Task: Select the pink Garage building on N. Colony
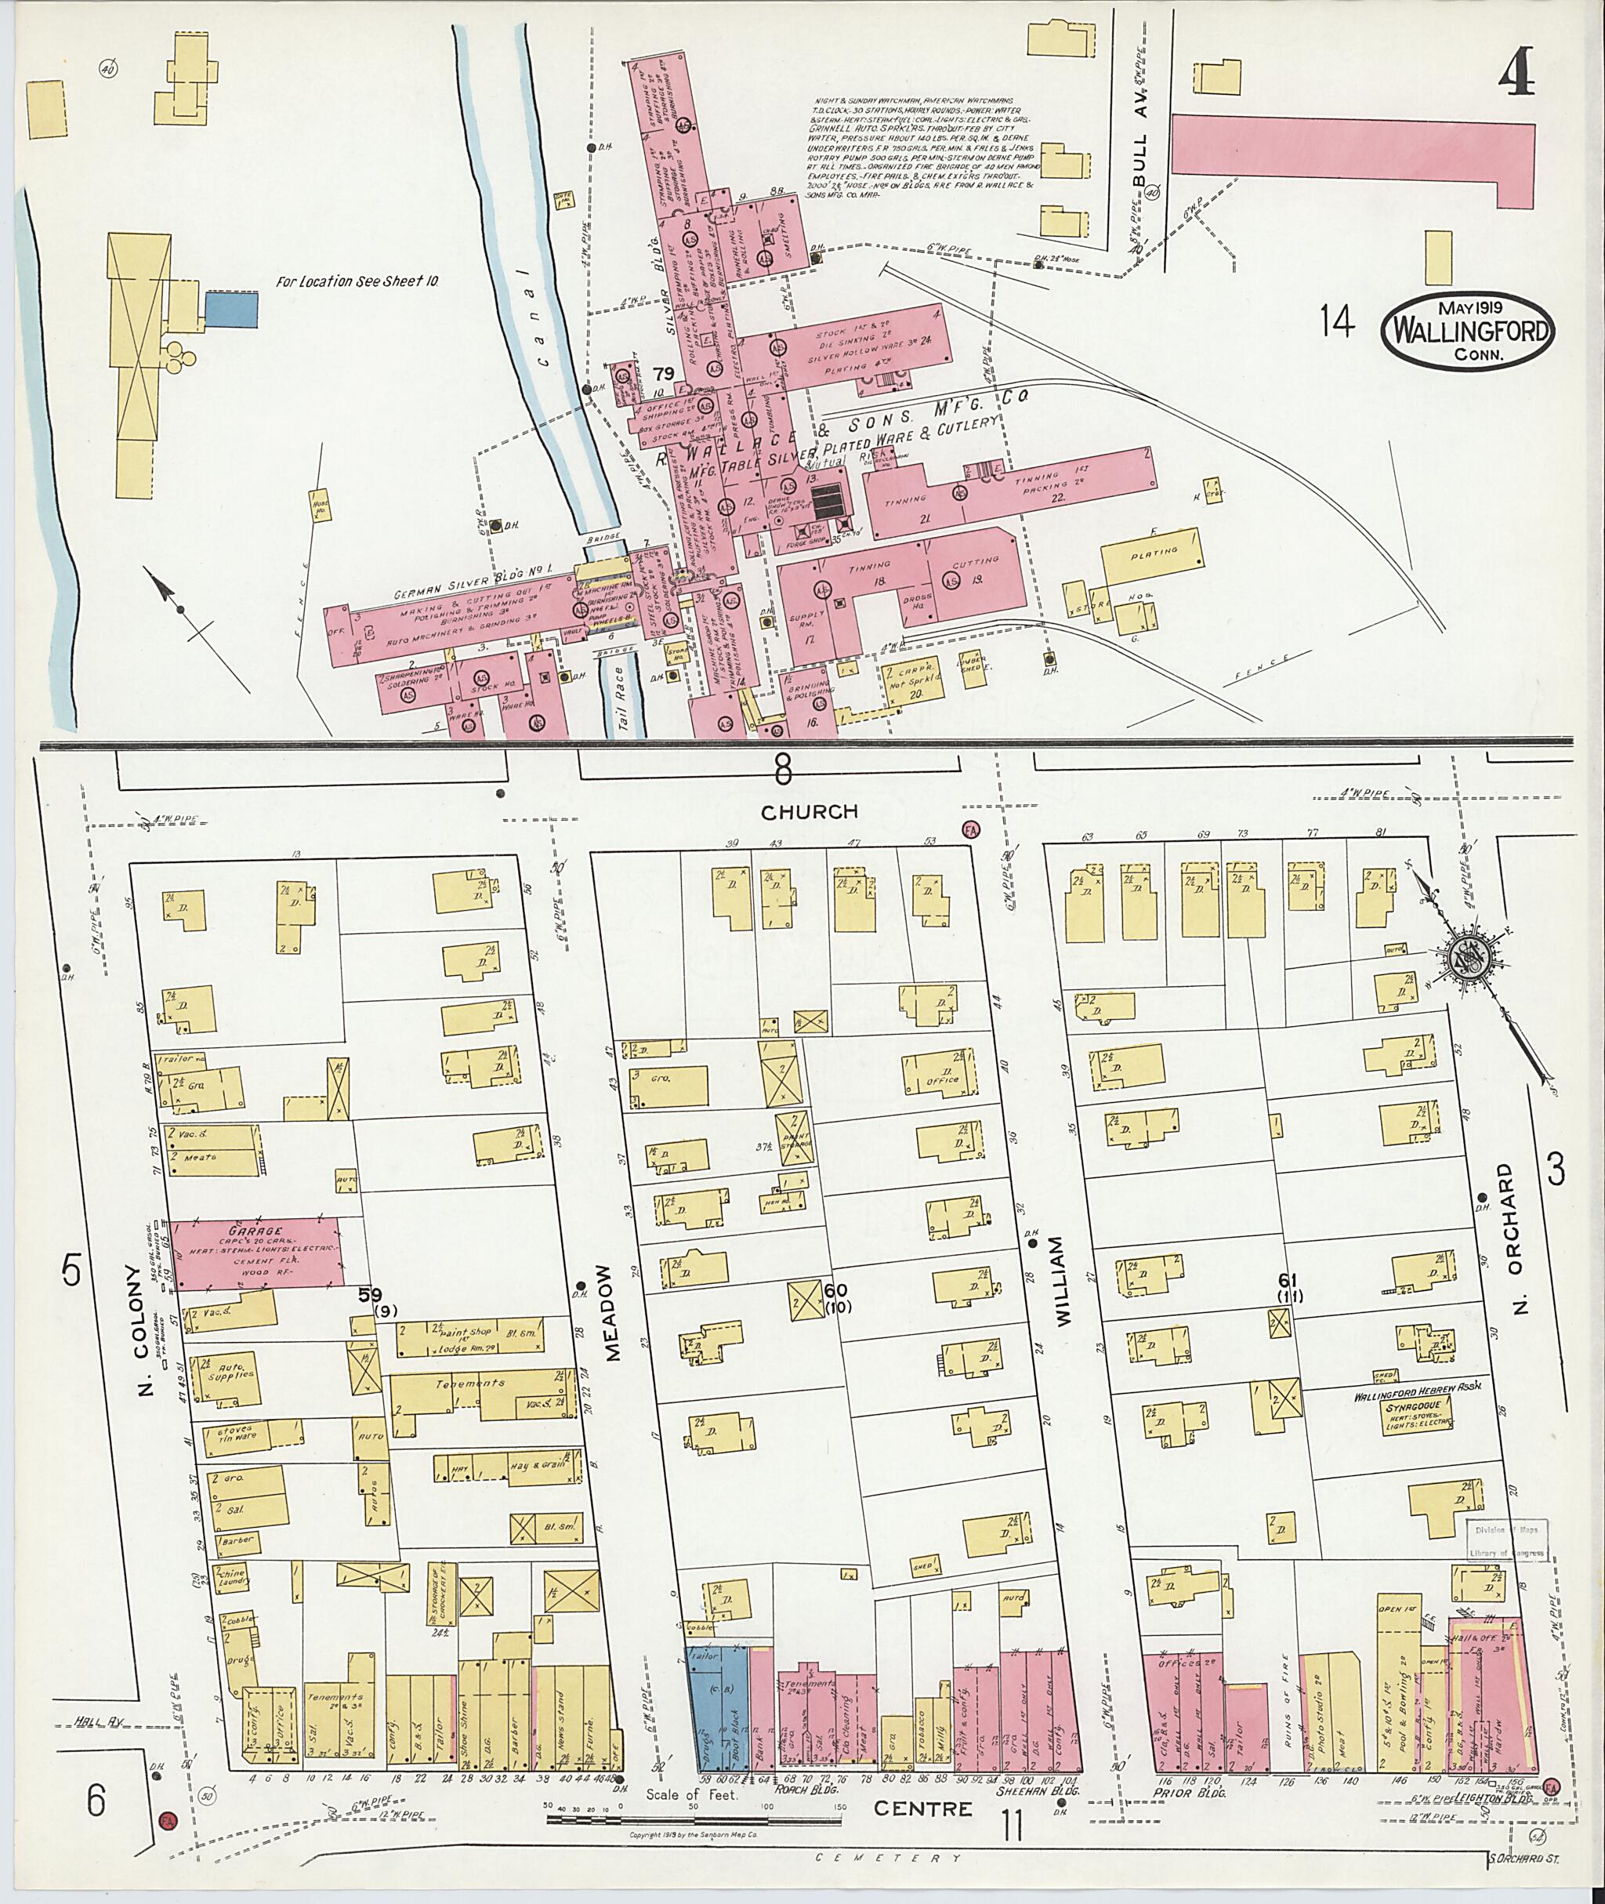(258, 1255)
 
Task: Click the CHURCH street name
(810, 812)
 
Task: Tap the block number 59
(368, 1294)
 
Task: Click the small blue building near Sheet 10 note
(231, 310)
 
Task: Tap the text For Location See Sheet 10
(357, 282)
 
